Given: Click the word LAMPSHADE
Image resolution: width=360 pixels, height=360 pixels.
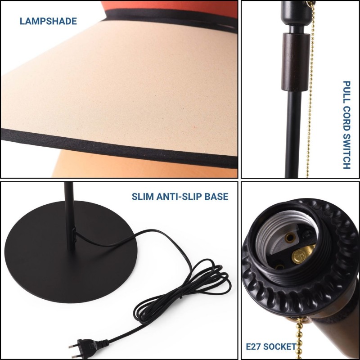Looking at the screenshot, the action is pos(48,21).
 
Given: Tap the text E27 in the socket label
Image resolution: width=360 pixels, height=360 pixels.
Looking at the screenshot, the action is pos(253,346).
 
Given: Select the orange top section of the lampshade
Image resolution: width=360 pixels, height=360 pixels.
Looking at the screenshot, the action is pos(170,8).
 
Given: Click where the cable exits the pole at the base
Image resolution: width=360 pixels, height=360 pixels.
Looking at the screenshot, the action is pos(74,234).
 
